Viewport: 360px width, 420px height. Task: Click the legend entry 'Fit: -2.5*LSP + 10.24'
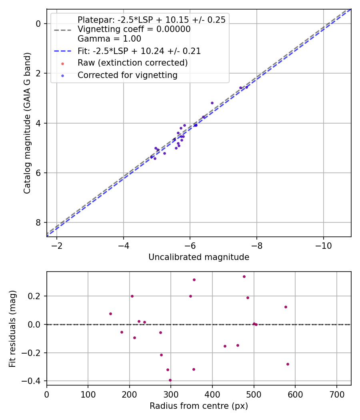pyautogui.click(x=139, y=51)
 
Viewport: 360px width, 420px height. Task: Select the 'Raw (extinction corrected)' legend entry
pyautogui.click(x=132, y=63)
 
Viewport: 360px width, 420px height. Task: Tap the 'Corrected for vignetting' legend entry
pyautogui.click(x=128, y=75)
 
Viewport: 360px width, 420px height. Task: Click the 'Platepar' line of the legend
pyautogui.click(x=151, y=20)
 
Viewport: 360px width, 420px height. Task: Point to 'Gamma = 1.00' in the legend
pyautogui.click(x=109, y=39)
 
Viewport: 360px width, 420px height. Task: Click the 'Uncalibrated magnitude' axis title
pyautogui.click(x=199, y=257)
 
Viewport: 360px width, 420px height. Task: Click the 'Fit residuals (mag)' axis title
pyautogui.click(x=13, y=328)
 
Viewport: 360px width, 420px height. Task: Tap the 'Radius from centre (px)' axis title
pyautogui.click(x=199, y=406)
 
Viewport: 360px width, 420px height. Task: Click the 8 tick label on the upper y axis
pyautogui.click(x=38, y=222)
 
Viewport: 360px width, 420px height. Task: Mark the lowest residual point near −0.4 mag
pyautogui.click(x=170, y=380)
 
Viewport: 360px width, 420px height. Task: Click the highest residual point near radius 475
pyautogui.click(x=244, y=276)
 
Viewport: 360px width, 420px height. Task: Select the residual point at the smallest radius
pyautogui.click(x=110, y=314)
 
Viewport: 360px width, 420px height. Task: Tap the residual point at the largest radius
pyautogui.click(x=288, y=364)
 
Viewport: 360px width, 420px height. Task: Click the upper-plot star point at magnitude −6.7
pyautogui.click(x=212, y=103)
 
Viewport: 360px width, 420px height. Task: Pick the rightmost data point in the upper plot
pyautogui.click(x=246, y=87)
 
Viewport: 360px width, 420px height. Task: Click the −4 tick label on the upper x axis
pyautogui.click(x=123, y=245)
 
